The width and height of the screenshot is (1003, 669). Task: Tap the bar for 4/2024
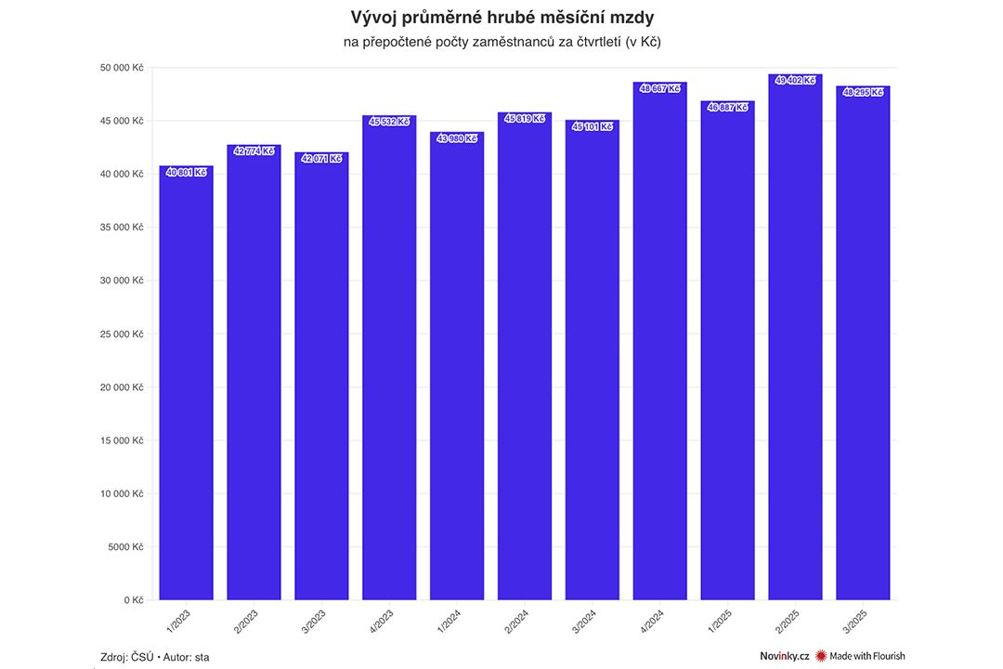pyautogui.click(x=660, y=344)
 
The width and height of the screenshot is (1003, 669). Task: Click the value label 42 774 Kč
pyautogui.click(x=254, y=151)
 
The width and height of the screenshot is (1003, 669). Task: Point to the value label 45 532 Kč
pyautogui.click(x=390, y=122)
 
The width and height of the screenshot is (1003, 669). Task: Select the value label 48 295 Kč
pyautogui.click(x=863, y=92)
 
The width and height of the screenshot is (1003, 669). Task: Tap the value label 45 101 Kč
pyautogui.click(x=593, y=126)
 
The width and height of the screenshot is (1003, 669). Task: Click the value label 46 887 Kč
pyautogui.click(x=728, y=108)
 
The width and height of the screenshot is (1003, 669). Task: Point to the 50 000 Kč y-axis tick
pyautogui.click(x=122, y=68)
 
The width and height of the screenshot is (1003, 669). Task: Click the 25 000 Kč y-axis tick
pyautogui.click(x=122, y=334)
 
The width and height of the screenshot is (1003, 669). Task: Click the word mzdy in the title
pyautogui.click(x=631, y=18)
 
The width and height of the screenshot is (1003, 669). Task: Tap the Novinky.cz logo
pyautogui.click(x=778, y=656)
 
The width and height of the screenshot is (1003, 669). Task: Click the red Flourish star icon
pyautogui.click(x=821, y=656)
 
